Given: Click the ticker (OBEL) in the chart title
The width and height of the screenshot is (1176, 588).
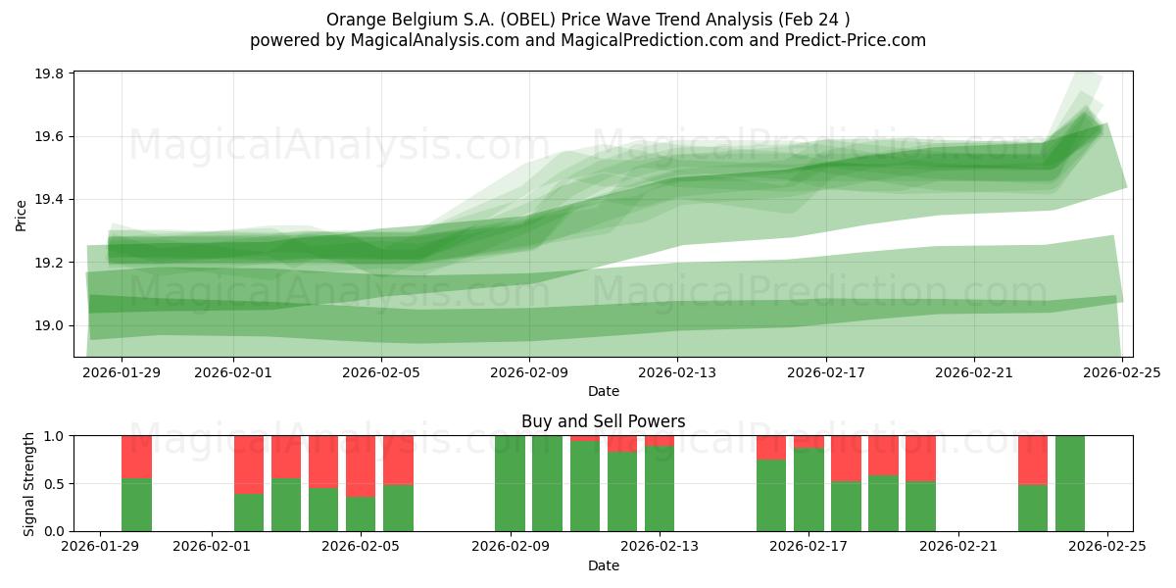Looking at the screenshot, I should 527,20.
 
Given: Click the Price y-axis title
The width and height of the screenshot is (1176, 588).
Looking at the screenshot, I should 22,214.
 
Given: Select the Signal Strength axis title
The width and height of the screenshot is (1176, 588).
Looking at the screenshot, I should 29,483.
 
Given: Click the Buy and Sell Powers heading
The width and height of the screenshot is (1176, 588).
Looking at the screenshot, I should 603,422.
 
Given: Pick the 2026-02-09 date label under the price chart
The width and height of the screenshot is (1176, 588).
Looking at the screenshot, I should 529,372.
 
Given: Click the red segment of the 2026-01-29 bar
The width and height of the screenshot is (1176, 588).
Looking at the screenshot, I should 136,457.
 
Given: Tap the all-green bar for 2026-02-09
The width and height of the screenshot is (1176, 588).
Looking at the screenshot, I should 510,483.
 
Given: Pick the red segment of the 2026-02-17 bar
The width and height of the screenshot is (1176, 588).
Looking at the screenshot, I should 808,442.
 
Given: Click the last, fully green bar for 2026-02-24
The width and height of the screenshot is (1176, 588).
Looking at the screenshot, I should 1070,483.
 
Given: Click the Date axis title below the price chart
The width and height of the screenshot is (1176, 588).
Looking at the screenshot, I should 603,391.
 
